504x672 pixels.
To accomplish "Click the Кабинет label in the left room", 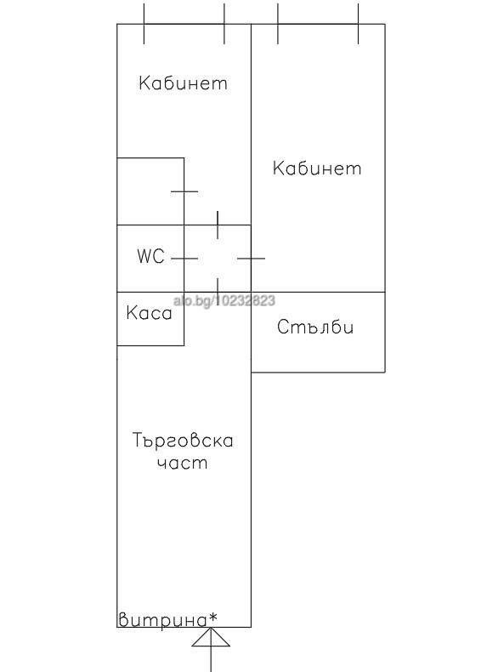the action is click(x=183, y=83).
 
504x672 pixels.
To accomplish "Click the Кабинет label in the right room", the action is click(x=317, y=168).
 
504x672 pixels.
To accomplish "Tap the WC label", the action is click(x=150, y=256).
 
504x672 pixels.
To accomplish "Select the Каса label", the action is click(x=149, y=313).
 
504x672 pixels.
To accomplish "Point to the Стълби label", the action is click(x=315, y=327).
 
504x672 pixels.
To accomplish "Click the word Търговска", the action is click(x=183, y=440).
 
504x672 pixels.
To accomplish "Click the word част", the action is click(x=182, y=464).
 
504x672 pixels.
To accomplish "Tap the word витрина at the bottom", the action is click(x=162, y=620).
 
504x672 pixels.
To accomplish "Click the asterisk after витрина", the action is click(x=212, y=618).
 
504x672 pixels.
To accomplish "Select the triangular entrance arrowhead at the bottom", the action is click(x=211, y=637).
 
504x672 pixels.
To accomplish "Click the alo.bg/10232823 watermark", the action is click(x=224, y=300).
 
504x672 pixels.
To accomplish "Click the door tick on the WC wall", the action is click(x=184, y=259).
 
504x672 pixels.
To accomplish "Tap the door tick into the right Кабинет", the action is click(x=251, y=259).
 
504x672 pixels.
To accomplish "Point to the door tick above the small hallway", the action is click(x=218, y=225).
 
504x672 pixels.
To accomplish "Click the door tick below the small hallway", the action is click(x=218, y=292).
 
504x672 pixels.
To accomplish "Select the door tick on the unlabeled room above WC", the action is click(x=184, y=191).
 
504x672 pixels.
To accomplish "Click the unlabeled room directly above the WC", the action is click(x=150, y=191).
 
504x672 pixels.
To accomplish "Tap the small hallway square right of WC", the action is click(x=218, y=259).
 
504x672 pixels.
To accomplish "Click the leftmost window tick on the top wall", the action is click(x=144, y=24).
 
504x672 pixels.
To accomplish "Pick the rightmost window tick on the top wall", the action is click(x=358, y=24).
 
